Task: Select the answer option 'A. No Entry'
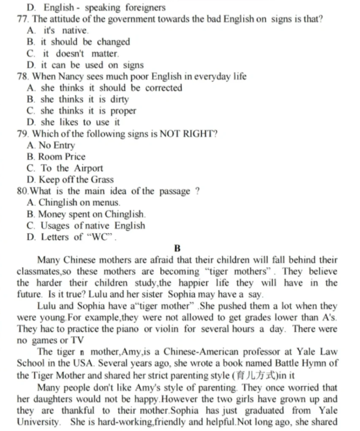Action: [51, 145]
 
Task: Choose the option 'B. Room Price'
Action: [56, 157]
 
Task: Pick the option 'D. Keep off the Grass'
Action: [70, 180]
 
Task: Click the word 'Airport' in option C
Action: [88, 168]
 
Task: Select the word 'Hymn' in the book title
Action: [315, 364]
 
